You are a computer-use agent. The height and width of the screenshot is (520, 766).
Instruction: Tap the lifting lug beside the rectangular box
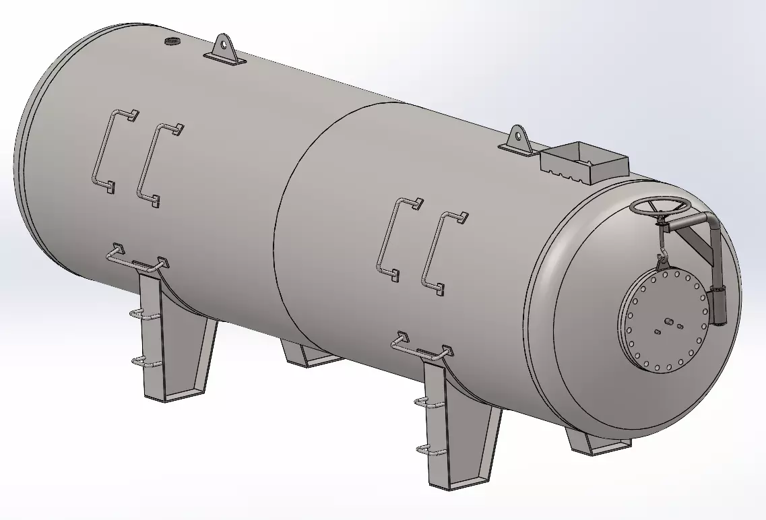[517, 140]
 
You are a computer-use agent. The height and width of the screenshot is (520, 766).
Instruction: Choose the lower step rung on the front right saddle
[429, 449]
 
